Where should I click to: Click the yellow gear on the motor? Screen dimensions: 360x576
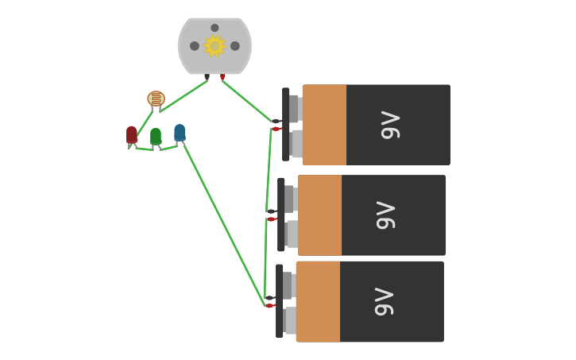pyautogui.click(x=215, y=46)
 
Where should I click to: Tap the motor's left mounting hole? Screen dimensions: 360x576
pyautogui.click(x=195, y=46)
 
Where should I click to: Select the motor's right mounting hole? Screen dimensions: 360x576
pyautogui.click(x=235, y=46)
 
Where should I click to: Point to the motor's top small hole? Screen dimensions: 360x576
pyautogui.click(x=215, y=28)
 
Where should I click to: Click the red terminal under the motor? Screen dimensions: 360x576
pyautogui.click(x=222, y=77)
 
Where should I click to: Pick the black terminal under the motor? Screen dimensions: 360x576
pyautogui.click(x=207, y=77)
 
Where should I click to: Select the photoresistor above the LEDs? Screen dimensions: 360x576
pyautogui.click(x=156, y=99)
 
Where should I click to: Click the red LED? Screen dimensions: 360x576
pyautogui.click(x=131, y=134)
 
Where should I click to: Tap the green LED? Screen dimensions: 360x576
pyautogui.click(x=156, y=136)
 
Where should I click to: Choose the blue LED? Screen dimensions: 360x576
pyautogui.click(x=180, y=132)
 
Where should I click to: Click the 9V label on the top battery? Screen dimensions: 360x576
pyautogui.click(x=390, y=125)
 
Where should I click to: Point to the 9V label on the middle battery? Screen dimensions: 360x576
pyautogui.click(x=385, y=215)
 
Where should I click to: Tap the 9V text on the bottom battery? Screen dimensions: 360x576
pyautogui.click(x=384, y=301)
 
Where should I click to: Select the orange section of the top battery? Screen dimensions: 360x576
pyautogui.click(x=324, y=125)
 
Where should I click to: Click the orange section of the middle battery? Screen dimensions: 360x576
pyautogui.click(x=319, y=215)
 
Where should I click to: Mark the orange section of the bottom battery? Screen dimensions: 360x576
pyautogui.click(x=318, y=301)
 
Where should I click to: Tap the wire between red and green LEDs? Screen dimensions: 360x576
pyautogui.click(x=143, y=149)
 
